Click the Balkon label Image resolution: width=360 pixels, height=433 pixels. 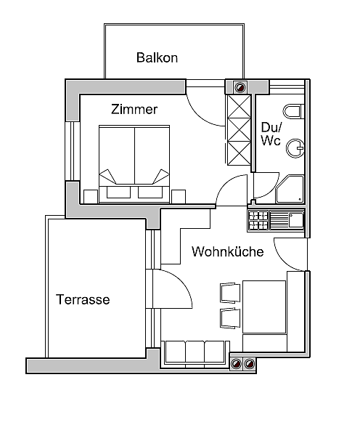tap(157, 57)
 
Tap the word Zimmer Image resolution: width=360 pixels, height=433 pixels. tap(134, 110)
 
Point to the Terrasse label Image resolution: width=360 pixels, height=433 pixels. tap(83, 299)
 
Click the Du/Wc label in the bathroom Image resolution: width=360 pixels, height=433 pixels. tap(271, 134)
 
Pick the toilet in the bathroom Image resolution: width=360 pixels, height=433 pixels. tap(293, 111)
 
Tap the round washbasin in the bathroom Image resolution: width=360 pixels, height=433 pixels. tap(295, 148)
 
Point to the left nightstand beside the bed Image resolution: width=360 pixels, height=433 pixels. tap(90, 195)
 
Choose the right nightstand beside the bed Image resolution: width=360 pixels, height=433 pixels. tap(179, 195)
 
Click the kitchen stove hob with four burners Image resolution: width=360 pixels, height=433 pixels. tap(258, 219)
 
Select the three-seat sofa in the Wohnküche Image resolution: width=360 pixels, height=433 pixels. tap(194, 351)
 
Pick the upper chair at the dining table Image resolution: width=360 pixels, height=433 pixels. tap(229, 292)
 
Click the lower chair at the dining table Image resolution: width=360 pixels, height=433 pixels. tap(229, 318)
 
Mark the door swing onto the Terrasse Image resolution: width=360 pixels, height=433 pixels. tap(173, 291)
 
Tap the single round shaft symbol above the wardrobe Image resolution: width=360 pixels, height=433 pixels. tap(240, 87)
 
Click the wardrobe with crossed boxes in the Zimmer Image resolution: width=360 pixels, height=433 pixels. tap(239, 130)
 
